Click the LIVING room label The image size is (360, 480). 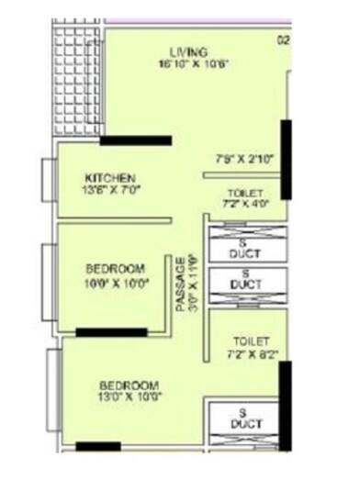(x=189, y=51)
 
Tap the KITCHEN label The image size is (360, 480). (x=110, y=177)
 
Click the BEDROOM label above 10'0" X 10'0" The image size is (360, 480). (x=116, y=268)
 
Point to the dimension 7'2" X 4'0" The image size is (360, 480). (x=245, y=206)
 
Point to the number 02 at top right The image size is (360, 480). (x=284, y=39)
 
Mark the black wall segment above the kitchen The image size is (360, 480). (x=135, y=140)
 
